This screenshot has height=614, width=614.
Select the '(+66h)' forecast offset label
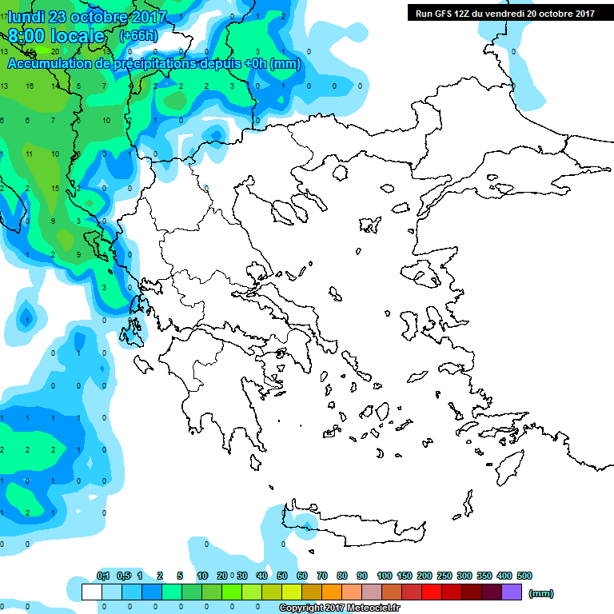tap(138, 37)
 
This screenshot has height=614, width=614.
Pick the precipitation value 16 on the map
tap(30, 86)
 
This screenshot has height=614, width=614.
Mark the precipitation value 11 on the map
tap(30, 153)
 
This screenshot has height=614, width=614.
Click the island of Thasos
tap(340, 173)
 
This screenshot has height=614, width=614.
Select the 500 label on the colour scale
tap(524, 576)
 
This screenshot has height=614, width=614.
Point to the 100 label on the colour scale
tap(384, 576)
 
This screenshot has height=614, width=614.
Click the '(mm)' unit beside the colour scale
tap(541, 593)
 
